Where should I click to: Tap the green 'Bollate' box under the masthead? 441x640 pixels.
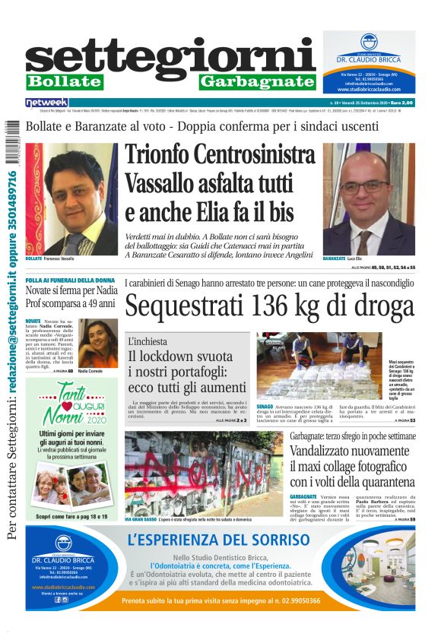(x=64, y=81)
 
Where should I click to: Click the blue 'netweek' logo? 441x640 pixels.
(x=47, y=102)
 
